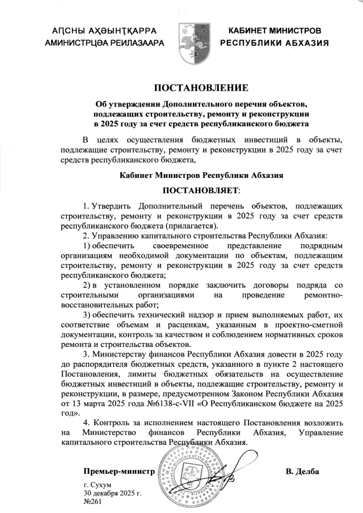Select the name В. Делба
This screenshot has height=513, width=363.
pyautogui.click(x=303, y=472)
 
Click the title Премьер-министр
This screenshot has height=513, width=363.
pyautogui.click(x=119, y=472)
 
